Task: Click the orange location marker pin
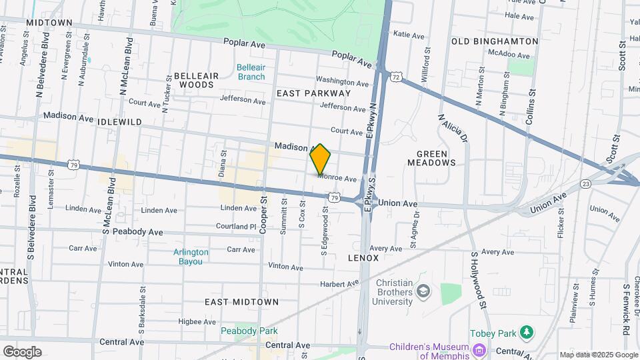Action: [320, 159]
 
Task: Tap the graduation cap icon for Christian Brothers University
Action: [423, 291]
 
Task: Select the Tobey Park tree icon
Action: [527, 331]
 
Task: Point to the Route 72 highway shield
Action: [396, 78]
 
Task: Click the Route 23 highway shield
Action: [585, 183]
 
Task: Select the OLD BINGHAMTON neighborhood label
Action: [495, 41]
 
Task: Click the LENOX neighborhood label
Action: [363, 257]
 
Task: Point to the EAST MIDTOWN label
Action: [241, 302]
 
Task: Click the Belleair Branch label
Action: [251, 72]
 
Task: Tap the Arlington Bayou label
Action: [191, 257]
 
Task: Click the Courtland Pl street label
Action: [235, 227]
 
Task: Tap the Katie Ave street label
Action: [409, 35]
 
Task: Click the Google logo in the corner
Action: [22, 351]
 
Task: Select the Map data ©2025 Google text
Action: [598, 355]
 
